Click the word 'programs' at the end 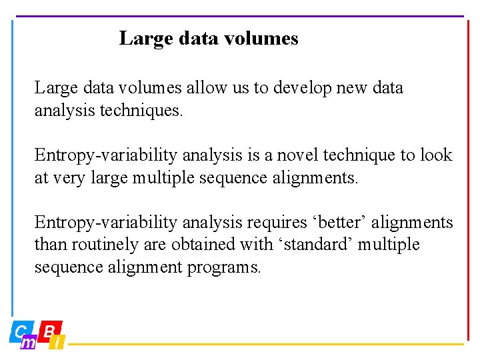pos(227,268)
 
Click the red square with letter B pos(49,329)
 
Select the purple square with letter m pos(29,343)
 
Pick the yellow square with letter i pos(58,343)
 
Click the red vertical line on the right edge pos(468,180)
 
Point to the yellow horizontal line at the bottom pos(267,345)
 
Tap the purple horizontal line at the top pos(240,16)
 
